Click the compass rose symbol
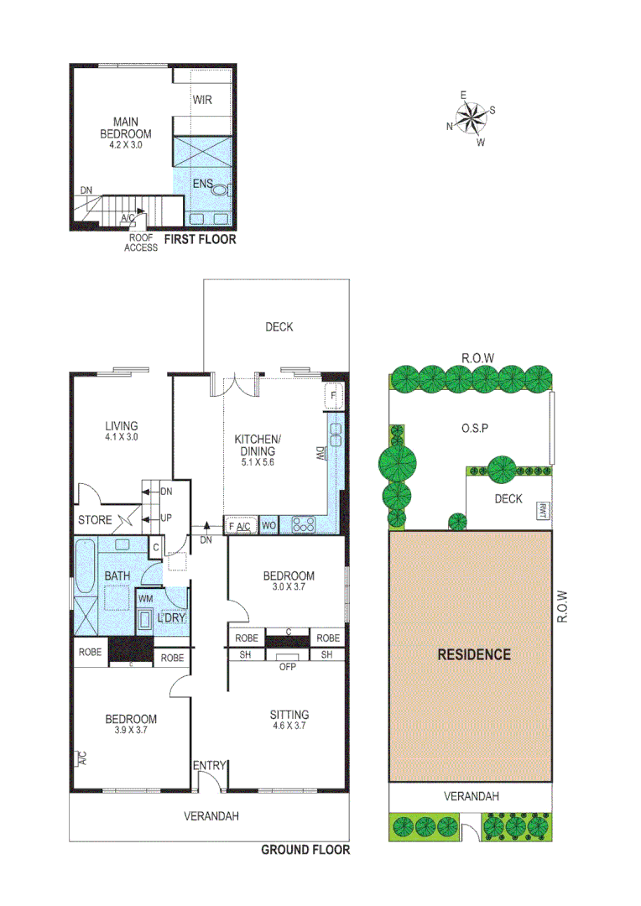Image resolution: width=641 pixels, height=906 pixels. point(472,117)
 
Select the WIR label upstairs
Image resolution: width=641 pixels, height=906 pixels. point(202,101)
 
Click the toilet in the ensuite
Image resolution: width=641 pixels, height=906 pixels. point(221,190)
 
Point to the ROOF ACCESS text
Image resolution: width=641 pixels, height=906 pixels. point(141,242)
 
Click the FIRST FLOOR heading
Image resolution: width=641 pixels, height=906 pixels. point(200,239)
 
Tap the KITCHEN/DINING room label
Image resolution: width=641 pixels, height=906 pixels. point(258,445)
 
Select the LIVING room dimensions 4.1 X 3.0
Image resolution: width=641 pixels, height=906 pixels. point(121,437)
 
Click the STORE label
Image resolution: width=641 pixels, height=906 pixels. point(94,520)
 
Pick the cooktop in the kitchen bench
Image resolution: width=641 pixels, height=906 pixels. point(303,526)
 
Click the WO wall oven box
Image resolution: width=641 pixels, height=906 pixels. point(269,526)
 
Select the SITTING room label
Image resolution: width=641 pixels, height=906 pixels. point(289,715)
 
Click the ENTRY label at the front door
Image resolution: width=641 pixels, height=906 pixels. point(210,765)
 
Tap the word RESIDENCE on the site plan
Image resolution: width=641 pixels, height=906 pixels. point(473,654)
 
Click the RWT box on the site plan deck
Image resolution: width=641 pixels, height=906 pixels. point(543,509)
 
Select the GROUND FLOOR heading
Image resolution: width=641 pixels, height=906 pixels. point(305,850)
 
